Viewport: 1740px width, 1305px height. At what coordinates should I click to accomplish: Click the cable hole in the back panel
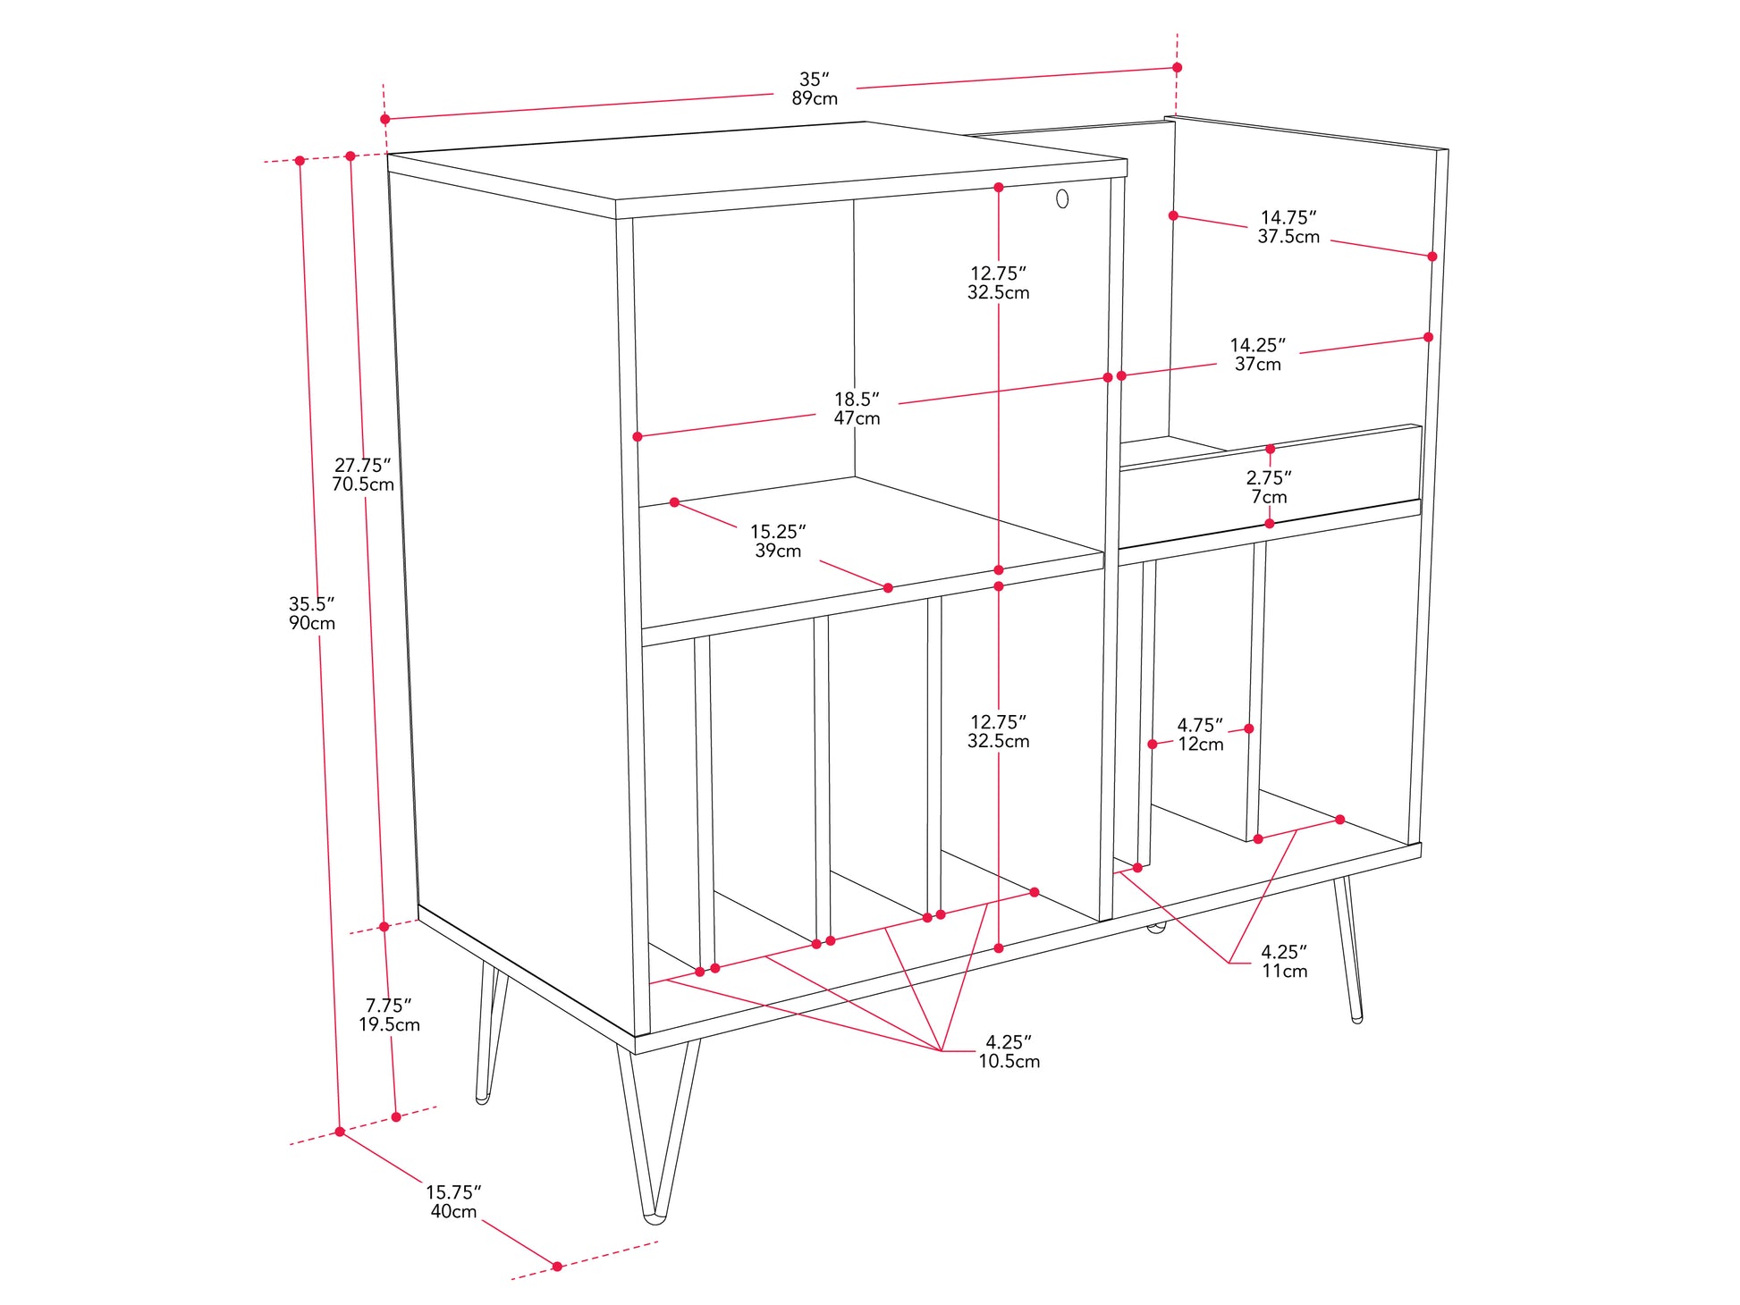click(1062, 198)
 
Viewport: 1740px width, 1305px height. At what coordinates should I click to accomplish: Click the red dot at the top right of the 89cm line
click(1177, 67)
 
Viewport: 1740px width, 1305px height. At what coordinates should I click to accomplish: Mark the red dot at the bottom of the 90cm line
click(340, 1132)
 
